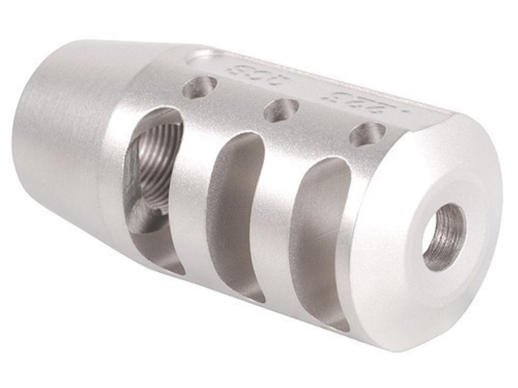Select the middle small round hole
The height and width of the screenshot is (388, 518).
click(x=281, y=111)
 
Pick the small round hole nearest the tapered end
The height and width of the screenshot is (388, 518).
click(x=200, y=88)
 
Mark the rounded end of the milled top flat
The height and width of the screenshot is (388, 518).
click(x=197, y=57)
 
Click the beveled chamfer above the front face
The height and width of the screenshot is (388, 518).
click(x=465, y=141)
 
